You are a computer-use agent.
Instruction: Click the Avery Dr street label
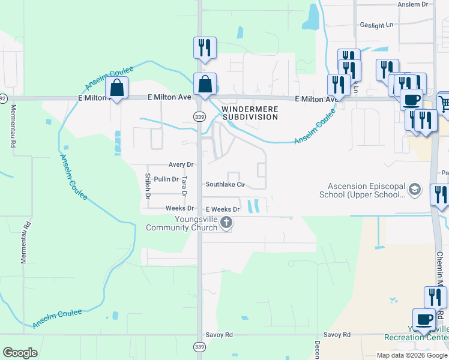tap(181, 164)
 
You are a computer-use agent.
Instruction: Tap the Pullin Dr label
tap(166, 179)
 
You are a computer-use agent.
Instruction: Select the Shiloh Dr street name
tap(147, 186)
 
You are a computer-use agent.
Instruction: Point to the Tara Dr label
tap(185, 186)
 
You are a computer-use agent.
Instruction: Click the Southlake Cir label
tap(226, 185)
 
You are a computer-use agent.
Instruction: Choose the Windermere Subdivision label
tap(250, 113)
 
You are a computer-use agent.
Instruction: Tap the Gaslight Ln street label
tap(376, 25)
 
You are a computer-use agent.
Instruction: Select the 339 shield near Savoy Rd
tap(199, 347)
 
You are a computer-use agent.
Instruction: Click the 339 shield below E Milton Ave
tap(199, 116)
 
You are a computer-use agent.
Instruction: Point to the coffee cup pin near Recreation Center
tap(424, 319)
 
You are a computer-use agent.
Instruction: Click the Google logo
tap(20, 353)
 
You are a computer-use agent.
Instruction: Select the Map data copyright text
tap(412, 355)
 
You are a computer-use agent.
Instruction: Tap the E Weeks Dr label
tap(223, 209)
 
